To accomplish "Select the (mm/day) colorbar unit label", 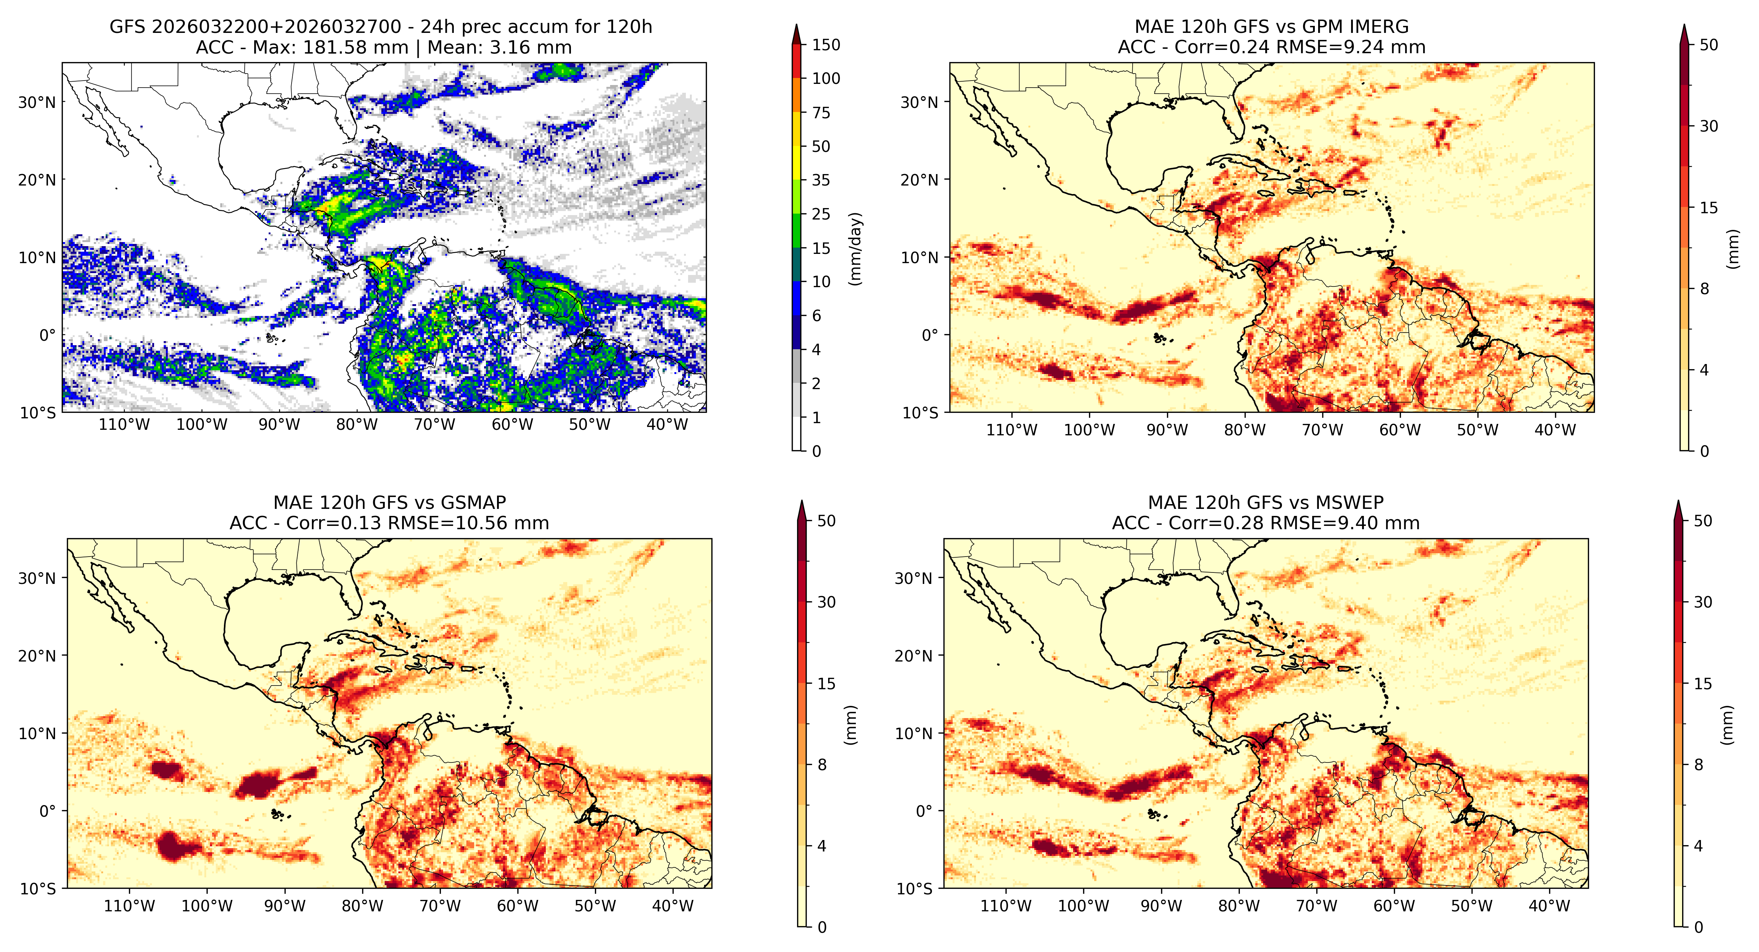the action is tap(855, 249).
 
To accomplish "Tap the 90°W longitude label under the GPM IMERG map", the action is tap(1167, 430).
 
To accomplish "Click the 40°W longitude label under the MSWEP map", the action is tap(1549, 906).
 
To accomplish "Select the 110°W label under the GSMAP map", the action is tap(129, 906).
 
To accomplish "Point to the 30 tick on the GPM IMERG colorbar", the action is tap(1708, 126).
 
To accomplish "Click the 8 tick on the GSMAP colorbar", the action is tap(822, 765).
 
